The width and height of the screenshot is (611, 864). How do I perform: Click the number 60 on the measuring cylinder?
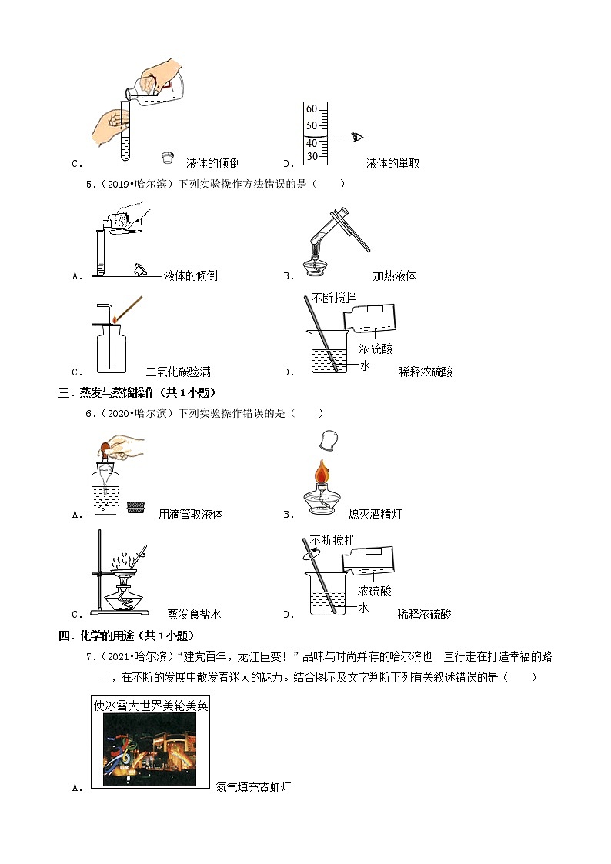312,108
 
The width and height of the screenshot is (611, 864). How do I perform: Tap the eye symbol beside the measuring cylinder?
357,138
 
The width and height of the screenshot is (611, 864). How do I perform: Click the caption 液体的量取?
392,163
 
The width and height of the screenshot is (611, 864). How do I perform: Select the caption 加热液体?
394,275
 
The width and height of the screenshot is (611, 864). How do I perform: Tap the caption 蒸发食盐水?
194,614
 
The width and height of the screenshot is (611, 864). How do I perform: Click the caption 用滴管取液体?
190,514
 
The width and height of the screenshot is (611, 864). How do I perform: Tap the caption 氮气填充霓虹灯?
253,787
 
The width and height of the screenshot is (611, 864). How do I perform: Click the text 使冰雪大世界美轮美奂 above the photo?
151,704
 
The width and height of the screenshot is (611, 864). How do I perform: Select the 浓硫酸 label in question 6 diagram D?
375,591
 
